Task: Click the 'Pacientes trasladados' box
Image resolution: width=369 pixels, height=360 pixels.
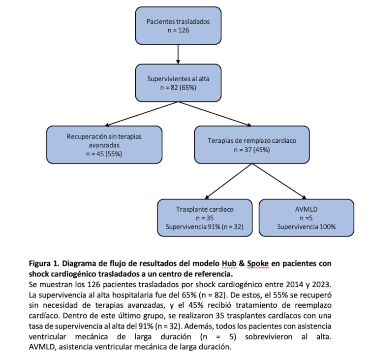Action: click(x=178, y=26)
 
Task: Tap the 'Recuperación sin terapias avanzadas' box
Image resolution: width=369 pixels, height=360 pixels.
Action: click(x=104, y=144)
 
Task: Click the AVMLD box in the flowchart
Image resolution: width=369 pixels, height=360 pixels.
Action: click(x=306, y=217)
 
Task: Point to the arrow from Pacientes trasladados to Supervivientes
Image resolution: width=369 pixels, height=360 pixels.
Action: click(x=178, y=54)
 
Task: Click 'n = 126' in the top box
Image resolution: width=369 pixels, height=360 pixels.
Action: click(x=178, y=31)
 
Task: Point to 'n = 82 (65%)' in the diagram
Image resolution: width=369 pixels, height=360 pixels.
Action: click(x=178, y=87)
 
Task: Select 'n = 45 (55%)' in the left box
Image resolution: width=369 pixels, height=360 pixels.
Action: click(x=104, y=153)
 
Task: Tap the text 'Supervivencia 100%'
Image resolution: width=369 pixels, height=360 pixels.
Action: click(x=306, y=227)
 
